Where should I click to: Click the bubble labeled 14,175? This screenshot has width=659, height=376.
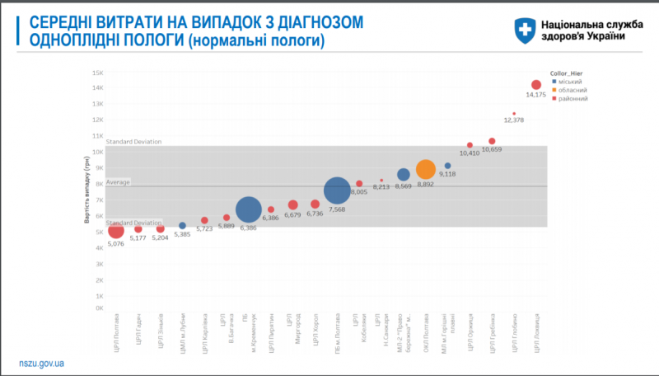[536, 85]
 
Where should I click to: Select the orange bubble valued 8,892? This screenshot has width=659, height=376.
[425, 170]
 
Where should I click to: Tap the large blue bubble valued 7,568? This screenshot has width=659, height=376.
[337, 190]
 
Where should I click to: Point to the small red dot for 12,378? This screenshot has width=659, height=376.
[514, 114]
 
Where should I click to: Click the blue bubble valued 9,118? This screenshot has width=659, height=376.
[448, 166]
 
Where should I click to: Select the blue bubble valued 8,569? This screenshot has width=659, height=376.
[404, 175]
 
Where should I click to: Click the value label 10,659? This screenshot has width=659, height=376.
[492, 149]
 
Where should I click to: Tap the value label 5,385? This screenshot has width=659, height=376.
[183, 234]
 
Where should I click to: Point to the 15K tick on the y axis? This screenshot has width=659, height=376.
[97, 73]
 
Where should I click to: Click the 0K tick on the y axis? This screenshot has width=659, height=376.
[97, 308]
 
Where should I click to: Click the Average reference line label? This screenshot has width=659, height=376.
[119, 182]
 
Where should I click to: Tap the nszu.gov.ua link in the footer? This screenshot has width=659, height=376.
[42, 363]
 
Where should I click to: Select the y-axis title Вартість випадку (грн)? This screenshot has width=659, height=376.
[86, 190]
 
